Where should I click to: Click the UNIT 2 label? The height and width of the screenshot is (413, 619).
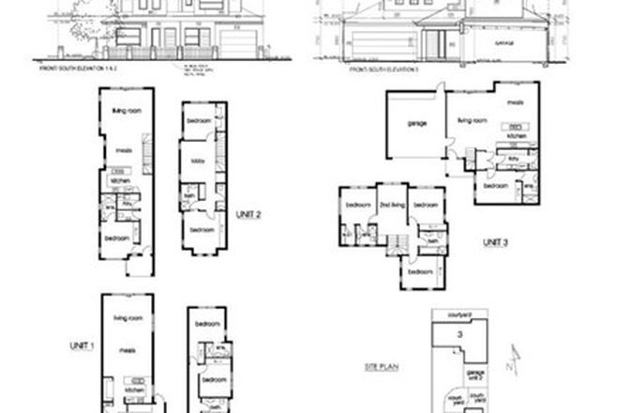point(249,212)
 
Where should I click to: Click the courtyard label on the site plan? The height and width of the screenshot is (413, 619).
point(457,315)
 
